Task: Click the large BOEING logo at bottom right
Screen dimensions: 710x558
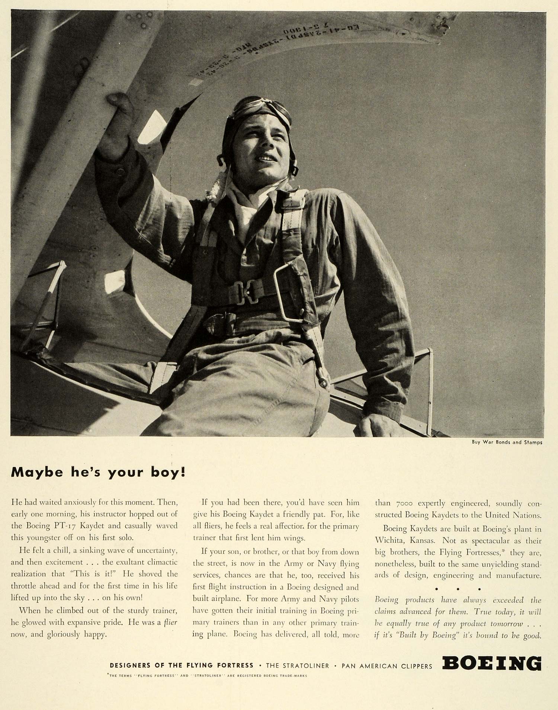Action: click(x=491, y=663)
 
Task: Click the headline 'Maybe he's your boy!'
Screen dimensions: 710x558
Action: click(x=98, y=472)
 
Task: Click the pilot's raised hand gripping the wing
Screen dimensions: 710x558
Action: click(x=118, y=108)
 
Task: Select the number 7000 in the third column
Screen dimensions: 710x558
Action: click(x=404, y=503)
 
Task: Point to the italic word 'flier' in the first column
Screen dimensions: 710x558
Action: click(x=170, y=622)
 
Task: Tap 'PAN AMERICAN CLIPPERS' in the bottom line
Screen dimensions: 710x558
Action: click(x=387, y=666)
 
